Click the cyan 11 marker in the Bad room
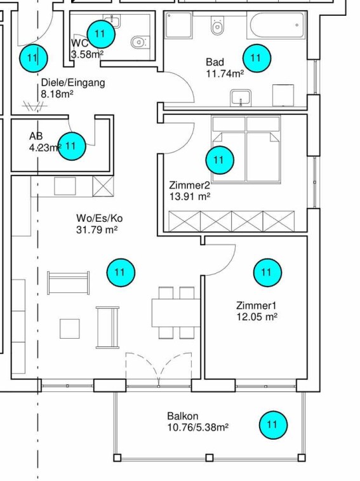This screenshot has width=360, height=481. coord(257,58)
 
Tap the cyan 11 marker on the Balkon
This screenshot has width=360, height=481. coord(273,425)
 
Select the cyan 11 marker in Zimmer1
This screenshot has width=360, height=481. coord(267,273)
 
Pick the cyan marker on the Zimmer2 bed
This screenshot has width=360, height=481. coord(220,160)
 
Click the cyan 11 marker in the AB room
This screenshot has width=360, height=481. coord(72,146)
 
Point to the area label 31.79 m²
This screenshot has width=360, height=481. coord(97,230)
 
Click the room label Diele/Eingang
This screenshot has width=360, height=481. coord(73,83)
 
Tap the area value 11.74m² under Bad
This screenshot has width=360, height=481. coord(225,74)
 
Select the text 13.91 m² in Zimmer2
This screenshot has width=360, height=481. coord(190,196)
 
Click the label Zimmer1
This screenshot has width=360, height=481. coord(257,306)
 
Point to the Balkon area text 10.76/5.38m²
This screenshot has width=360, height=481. coord(198,428)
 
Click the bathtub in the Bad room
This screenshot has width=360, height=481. coord(278,25)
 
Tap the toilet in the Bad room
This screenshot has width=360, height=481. coord(217,25)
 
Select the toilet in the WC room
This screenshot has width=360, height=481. coord(140,41)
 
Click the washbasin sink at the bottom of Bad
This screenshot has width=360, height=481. coord(241,98)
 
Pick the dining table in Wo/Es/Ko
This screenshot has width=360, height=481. coord(176,313)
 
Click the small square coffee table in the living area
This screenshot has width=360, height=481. coord(70,329)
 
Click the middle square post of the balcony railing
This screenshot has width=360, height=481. coord(209,458)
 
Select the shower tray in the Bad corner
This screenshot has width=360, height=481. coord(178,25)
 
